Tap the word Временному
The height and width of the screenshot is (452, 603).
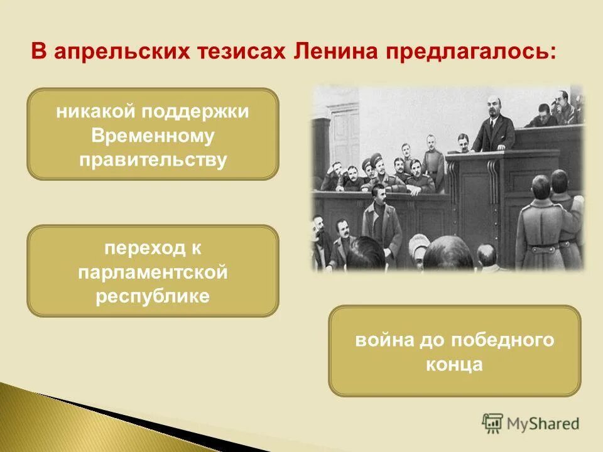click(153, 136)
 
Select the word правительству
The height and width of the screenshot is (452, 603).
click(153, 159)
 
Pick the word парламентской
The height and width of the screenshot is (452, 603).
click(153, 273)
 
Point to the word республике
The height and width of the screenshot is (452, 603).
click(153, 296)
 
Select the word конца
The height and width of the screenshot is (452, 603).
click(454, 365)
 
